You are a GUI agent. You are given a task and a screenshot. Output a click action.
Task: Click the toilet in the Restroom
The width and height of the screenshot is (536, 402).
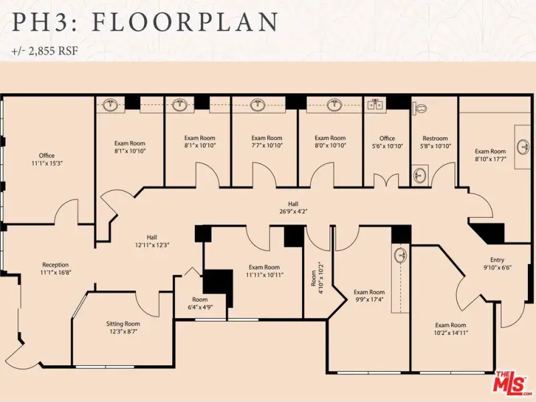[420, 108]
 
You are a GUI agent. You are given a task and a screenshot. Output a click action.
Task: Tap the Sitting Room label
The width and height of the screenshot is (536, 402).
[123, 324]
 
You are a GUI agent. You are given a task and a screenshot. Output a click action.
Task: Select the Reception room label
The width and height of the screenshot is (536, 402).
[56, 265]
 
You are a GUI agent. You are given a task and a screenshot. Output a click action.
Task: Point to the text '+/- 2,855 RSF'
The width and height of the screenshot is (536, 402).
[45, 51]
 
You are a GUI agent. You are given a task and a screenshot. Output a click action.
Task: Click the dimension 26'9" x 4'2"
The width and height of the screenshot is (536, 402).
[293, 212]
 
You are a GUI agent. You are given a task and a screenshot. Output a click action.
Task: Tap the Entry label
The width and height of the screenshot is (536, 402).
[497, 260]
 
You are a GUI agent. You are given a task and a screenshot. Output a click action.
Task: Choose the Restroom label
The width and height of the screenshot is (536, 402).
[435, 139]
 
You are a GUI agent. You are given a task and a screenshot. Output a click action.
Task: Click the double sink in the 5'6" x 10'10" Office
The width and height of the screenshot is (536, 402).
[375, 105]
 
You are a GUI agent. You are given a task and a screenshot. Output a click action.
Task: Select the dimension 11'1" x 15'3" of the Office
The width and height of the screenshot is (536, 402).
[47, 163]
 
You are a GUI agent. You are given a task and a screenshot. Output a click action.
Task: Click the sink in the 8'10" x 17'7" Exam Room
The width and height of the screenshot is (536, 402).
[523, 147]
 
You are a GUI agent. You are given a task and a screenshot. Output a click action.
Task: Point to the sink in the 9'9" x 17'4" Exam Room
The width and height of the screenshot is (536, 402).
[401, 256]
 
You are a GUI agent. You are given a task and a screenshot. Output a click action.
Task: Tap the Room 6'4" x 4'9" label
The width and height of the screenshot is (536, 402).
[200, 304]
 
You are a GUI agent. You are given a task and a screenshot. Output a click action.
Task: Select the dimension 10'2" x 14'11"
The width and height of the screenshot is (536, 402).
[450, 332]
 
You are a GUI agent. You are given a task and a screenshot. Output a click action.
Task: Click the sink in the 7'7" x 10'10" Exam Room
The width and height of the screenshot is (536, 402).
[258, 105]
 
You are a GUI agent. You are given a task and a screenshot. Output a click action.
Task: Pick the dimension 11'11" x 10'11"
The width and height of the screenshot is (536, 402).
[264, 275]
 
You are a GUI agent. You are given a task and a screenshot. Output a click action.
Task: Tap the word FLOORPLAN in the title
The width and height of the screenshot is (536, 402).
[185, 22]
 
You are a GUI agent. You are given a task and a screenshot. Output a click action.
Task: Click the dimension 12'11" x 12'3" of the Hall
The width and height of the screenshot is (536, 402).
[153, 245]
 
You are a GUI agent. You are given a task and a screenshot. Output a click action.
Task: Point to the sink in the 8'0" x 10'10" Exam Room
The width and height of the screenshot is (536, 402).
[334, 105]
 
